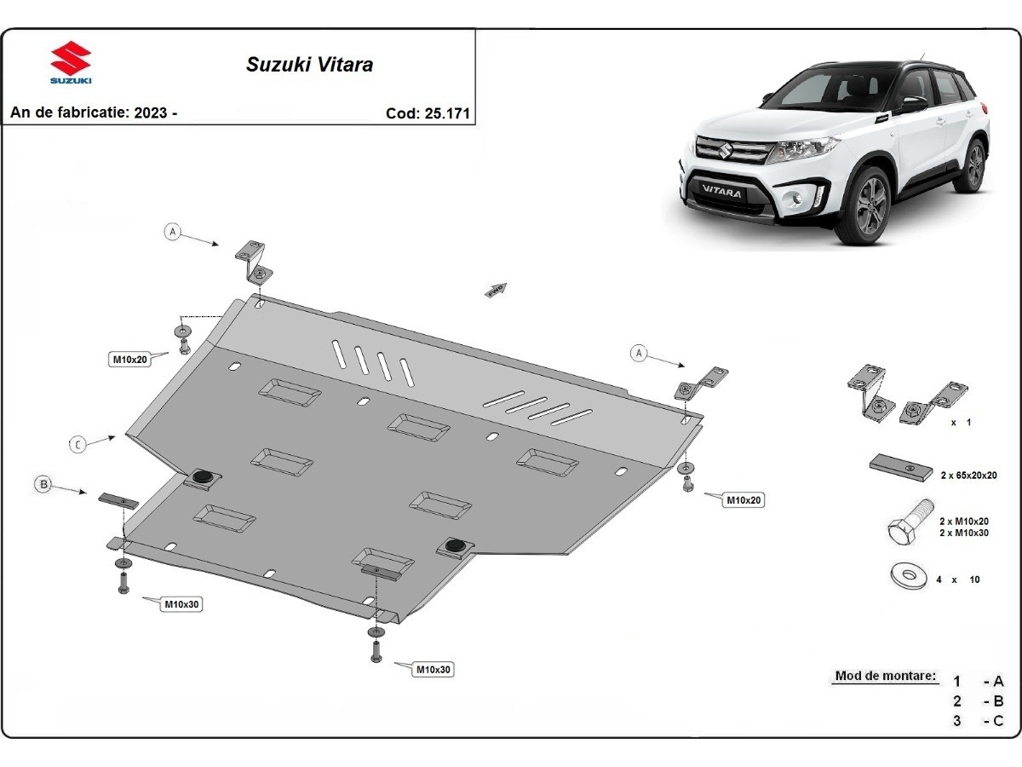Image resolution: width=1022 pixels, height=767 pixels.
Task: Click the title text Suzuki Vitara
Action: click(x=309, y=64)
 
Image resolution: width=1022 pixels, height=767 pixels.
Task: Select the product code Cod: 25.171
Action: click(x=428, y=113)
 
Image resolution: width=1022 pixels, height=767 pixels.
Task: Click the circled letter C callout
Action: click(x=78, y=444)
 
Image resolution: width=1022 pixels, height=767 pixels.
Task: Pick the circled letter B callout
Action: click(x=43, y=485)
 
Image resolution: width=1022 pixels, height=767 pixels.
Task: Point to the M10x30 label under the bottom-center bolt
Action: click(x=433, y=670)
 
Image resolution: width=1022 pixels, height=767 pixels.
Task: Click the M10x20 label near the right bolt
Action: click(x=744, y=500)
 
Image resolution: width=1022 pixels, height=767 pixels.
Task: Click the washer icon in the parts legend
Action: click(x=909, y=577)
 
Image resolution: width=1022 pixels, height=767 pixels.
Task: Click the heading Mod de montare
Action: click(x=885, y=676)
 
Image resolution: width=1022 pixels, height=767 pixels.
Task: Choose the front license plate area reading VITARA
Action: click(x=721, y=193)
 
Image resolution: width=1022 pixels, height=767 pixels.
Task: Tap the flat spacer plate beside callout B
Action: click(x=118, y=500)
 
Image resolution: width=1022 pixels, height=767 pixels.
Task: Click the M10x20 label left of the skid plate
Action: click(x=130, y=359)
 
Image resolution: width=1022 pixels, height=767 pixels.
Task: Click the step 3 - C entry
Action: click(x=979, y=721)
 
